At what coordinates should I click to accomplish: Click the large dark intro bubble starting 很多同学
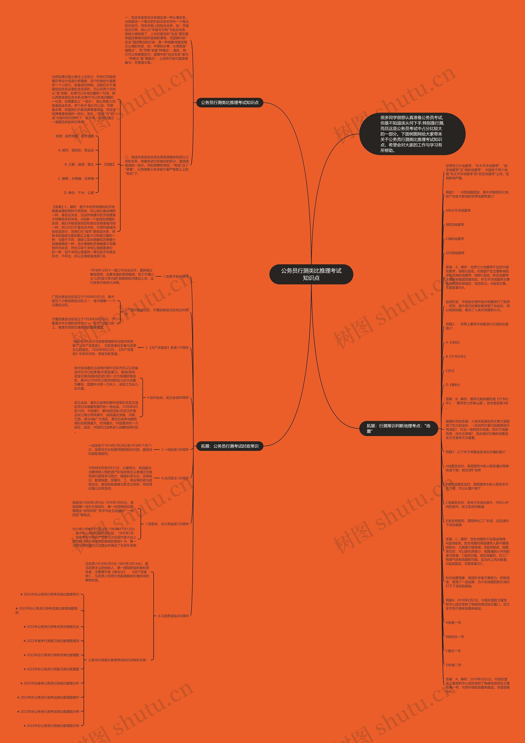pyautogui.click(x=412, y=134)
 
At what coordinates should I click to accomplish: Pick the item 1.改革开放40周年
pyautogui.click(x=176, y=276)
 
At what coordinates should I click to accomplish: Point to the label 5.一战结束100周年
pyautogui.click(x=175, y=449)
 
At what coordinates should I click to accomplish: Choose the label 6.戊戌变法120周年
pyautogui.click(x=175, y=478)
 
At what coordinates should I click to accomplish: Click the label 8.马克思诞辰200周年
pyautogui.click(x=173, y=616)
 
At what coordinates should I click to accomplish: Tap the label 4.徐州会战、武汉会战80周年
pyautogui.click(x=168, y=397)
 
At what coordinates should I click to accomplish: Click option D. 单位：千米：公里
pyautogui.click(x=79, y=193)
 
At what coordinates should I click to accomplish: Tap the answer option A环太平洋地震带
pyautogui.click(x=458, y=210)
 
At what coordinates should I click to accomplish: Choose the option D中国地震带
pyautogui.click(x=455, y=253)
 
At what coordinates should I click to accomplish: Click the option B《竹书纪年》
pyautogui.click(x=456, y=356)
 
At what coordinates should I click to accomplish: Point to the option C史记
pyautogui.click(x=450, y=370)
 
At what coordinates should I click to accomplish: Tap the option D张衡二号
pyautogui.click(x=453, y=665)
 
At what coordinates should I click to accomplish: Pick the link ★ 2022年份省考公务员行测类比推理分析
pyautogui.click(x=49, y=683)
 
